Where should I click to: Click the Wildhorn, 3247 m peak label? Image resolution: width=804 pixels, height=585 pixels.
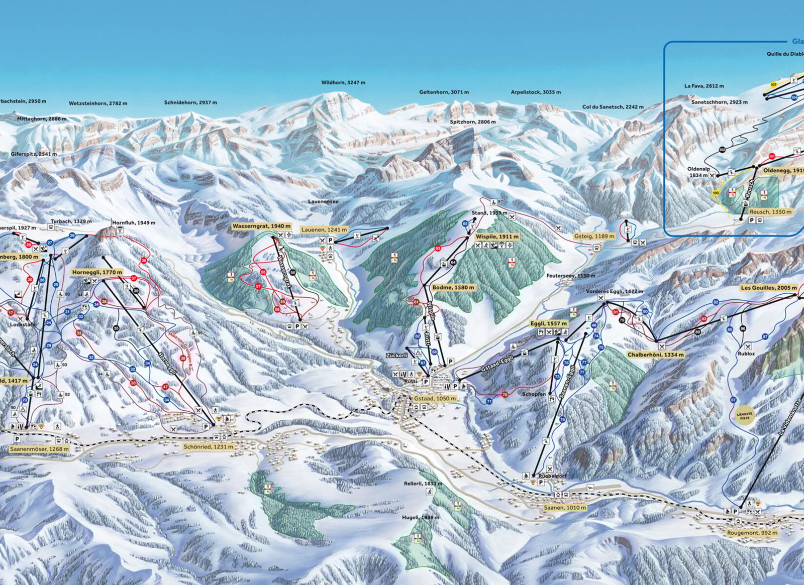[343, 83]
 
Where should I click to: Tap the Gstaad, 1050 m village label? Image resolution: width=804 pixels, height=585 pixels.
[435, 398]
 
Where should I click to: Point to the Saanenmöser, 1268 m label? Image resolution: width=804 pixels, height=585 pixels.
[39, 449]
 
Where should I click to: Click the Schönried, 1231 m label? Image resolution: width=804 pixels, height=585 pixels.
[209, 446]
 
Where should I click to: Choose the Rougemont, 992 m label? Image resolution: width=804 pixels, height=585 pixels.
[752, 533]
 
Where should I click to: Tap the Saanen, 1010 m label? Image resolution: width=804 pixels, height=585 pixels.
[565, 508]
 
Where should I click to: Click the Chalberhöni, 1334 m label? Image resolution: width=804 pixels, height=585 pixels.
[655, 355]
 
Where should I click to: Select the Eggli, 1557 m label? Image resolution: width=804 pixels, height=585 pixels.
[549, 324]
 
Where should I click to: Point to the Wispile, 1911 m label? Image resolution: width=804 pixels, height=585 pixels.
[497, 236]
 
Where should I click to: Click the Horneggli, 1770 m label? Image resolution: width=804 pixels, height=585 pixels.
[97, 272]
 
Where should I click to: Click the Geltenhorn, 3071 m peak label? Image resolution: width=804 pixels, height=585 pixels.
[444, 92]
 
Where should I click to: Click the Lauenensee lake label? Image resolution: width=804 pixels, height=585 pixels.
[324, 201]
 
